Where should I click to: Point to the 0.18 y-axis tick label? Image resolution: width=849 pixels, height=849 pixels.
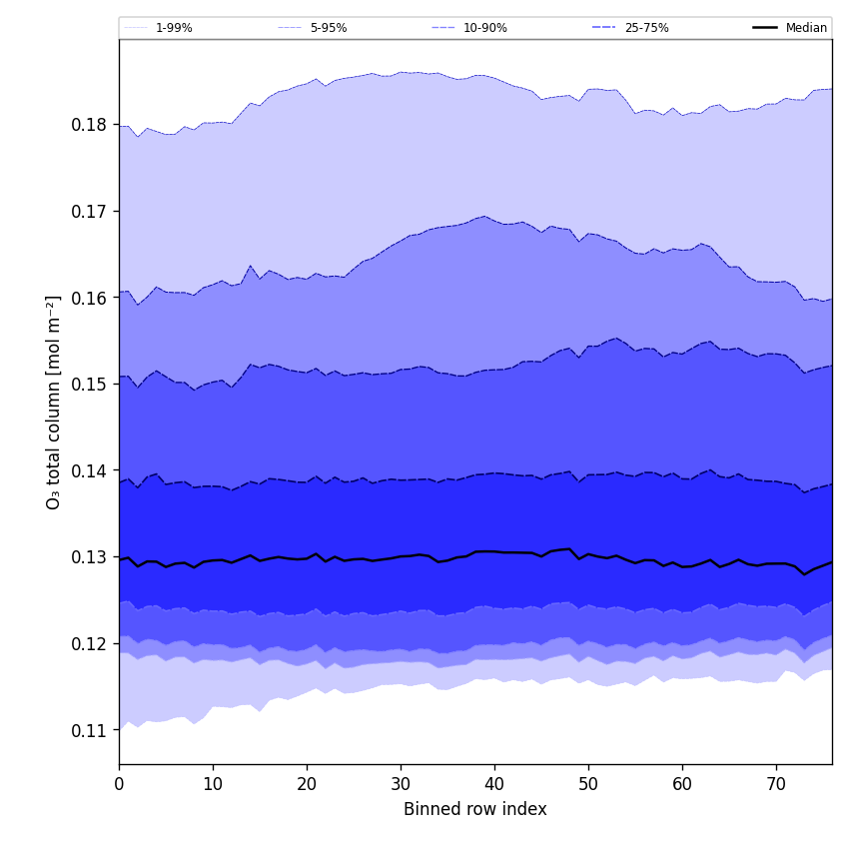[x=90, y=125]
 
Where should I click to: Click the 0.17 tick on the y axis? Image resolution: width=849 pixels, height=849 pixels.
[x=90, y=212]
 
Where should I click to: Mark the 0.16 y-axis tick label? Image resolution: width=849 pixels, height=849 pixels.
[x=90, y=298]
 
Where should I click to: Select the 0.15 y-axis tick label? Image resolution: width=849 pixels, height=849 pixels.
[x=90, y=385]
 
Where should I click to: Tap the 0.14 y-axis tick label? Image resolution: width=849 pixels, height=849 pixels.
[x=90, y=470]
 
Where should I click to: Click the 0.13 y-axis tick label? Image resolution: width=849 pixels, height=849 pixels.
[x=90, y=557]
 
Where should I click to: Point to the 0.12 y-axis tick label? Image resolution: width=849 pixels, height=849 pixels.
[x=90, y=644]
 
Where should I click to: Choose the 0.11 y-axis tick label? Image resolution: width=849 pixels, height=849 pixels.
[x=90, y=730]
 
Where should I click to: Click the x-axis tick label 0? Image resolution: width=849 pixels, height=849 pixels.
[x=119, y=785]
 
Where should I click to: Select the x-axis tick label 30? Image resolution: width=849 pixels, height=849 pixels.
[x=401, y=785]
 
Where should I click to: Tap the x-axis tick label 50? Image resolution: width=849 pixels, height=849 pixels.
[x=588, y=785]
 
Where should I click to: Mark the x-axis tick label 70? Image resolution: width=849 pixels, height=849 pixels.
[x=776, y=785]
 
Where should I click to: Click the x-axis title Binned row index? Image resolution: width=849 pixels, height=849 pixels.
[x=474, y=809]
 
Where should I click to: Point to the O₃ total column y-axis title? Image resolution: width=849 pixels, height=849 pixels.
[x=54, y=402]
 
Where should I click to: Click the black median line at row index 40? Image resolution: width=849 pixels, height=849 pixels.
[x=494, y=551]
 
